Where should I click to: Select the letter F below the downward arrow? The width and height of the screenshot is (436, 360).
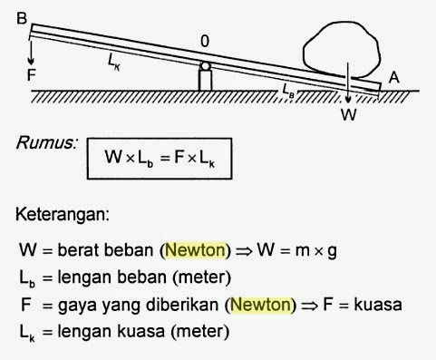coord(32,75)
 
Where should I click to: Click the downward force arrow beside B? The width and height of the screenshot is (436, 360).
coord(32,45)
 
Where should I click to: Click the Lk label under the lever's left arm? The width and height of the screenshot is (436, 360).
coord(114,60)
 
